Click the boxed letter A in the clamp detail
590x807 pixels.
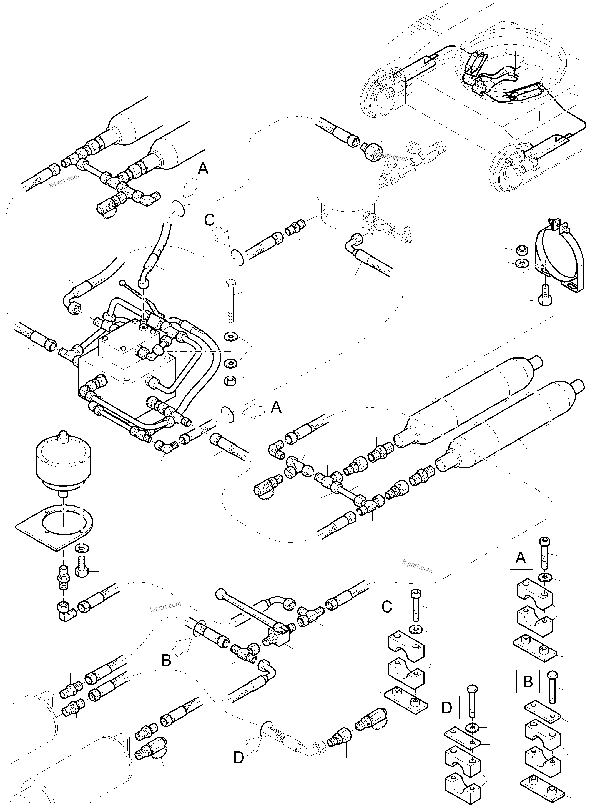pyautogui.click(x=521, y=557)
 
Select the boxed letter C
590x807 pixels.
pyautogui.click(x=387, y=606)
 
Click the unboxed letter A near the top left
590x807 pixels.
pyautogui.click(x=203, y=169)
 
